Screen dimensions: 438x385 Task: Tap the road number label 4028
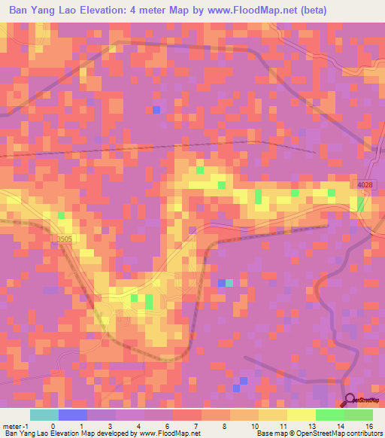365,184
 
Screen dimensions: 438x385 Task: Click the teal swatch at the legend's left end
44,415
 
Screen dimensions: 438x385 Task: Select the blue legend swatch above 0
73,415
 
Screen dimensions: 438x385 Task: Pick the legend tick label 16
371,426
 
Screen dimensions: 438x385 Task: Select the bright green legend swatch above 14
329,415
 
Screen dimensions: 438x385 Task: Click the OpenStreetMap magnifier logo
349,401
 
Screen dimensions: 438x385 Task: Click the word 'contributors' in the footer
364,433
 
